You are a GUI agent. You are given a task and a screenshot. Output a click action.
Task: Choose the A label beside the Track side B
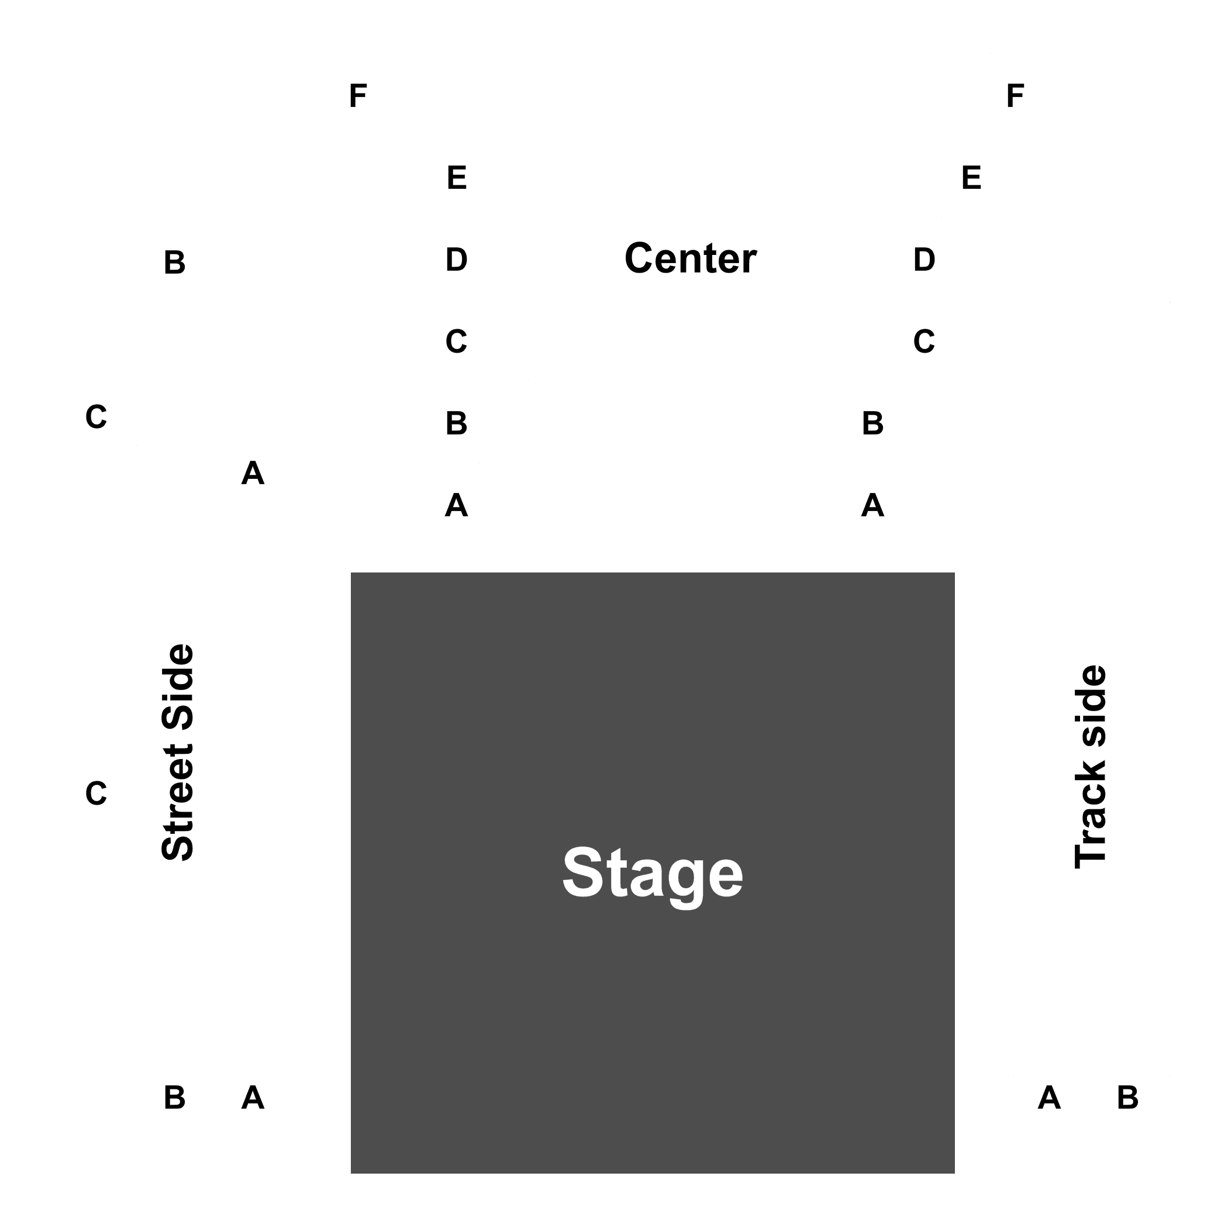1048,1098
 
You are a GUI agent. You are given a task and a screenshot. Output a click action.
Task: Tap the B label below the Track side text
1127,1098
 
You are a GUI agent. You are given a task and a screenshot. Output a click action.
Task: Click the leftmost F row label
358,96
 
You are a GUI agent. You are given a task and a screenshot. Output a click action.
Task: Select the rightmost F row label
1015,96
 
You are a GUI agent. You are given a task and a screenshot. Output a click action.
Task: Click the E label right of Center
971,177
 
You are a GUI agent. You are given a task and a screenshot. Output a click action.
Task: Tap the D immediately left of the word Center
456,259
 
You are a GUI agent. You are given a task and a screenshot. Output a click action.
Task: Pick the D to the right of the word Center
924,259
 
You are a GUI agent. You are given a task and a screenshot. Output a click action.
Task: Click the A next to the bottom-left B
253,1098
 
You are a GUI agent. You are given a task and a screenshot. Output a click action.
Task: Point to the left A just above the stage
456,505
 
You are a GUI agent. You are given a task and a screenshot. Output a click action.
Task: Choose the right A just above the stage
872,505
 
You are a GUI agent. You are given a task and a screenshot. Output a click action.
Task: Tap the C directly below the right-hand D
924,342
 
